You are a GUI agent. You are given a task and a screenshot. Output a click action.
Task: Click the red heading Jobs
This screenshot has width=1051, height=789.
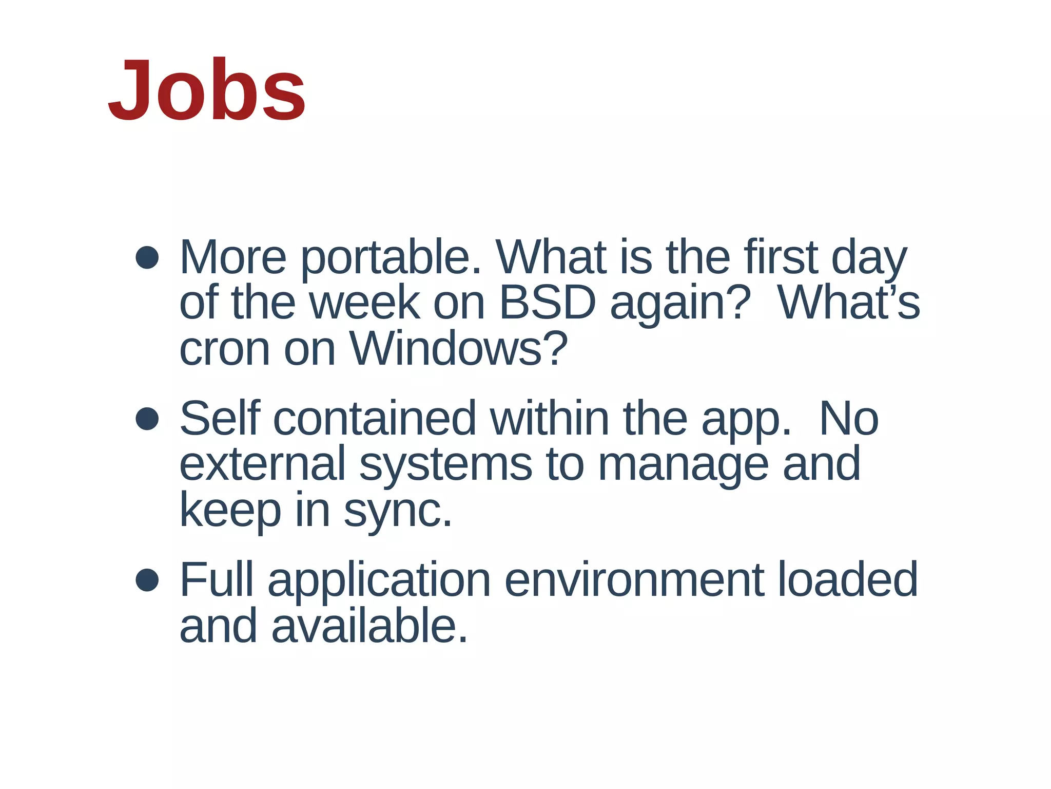tap(207, 91)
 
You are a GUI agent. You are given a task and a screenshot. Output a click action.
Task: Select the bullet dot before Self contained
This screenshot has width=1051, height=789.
tap(147, 419)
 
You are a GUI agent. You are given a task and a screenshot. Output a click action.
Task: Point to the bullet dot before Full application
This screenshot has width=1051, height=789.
tap(147, 580)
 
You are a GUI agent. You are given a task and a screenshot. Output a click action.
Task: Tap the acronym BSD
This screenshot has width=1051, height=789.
tap(547, 303)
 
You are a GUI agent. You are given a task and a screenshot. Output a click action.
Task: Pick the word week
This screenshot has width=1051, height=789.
tap(364, 303)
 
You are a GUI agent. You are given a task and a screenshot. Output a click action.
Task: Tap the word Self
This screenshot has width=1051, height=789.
tap(220, 419)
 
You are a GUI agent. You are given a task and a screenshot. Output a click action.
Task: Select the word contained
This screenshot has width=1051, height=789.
tap(375, 419)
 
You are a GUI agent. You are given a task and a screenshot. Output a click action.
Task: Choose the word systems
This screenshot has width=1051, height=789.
tap(445, 465)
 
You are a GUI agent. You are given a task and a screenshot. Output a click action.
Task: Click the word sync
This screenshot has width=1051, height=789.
tap(398, 512)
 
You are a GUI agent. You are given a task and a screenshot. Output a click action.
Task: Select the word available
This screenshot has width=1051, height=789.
tap(369, 626)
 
